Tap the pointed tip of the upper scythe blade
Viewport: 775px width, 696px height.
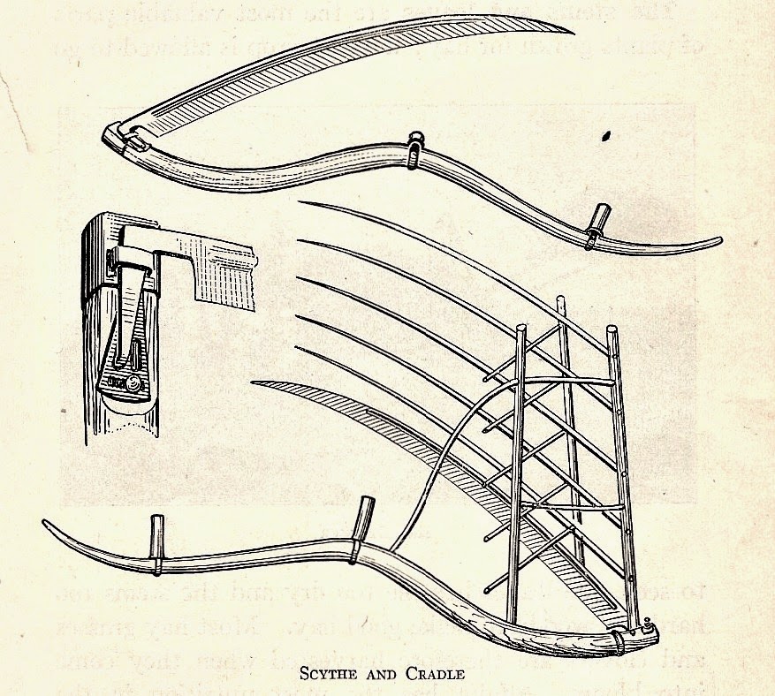click(x=573, y=34)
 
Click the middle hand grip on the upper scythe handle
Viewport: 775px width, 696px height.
click(x=414, y=148)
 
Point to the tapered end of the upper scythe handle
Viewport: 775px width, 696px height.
click(x=718, y=239)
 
